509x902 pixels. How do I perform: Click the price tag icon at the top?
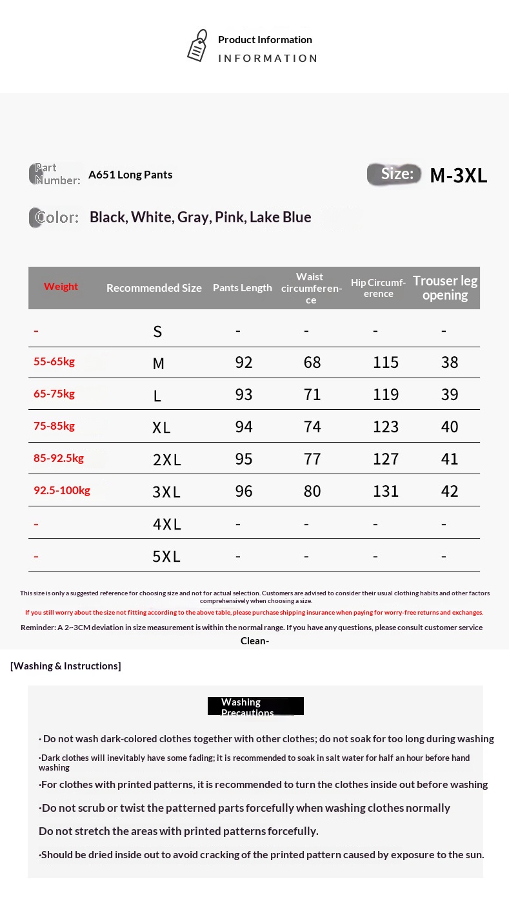[197, 46]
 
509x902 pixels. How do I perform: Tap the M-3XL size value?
[458, 175]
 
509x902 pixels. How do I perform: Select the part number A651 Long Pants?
[130, 175]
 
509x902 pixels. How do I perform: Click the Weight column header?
[61, 287]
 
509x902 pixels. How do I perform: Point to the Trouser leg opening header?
[445, 288]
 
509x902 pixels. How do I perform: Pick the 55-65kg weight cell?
[54, 361]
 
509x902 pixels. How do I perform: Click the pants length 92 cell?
[244, 362]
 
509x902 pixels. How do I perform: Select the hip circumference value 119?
[386, 394]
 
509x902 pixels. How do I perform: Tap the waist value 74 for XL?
[312, 427]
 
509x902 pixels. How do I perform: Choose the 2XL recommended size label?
[166, 459]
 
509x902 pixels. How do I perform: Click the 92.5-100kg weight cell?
[62, 490]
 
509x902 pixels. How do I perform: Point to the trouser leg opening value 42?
[450, 491]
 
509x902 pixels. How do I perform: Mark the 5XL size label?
[166, 556]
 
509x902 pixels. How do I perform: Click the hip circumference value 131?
[386, 491]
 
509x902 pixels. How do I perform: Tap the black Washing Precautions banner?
[255, 706]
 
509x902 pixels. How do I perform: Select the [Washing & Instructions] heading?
[66, 666]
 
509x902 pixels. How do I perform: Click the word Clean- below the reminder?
[255, 640]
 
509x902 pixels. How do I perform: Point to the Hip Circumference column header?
[378, 288]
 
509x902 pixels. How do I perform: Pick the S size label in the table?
[157, 332]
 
